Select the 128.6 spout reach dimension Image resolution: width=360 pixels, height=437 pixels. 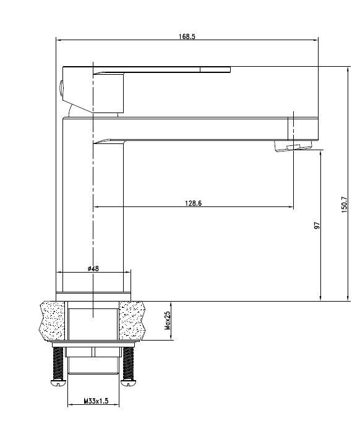(192, 203)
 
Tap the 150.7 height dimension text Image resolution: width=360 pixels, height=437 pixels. (345, 205)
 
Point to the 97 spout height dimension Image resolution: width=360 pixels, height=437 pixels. (317, 226)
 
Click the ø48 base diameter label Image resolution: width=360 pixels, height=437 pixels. (94, 268)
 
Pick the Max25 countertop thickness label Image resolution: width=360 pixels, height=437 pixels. (168, 320)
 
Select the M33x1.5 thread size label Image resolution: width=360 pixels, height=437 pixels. (96, 402)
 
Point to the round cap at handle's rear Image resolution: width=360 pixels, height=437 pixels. (61, 90)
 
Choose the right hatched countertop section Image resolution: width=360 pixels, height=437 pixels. (133, 320)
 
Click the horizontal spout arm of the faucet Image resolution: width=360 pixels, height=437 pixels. (204, 128)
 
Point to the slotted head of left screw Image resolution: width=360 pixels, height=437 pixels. (59, 383)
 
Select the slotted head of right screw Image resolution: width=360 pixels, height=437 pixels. (129, 383)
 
